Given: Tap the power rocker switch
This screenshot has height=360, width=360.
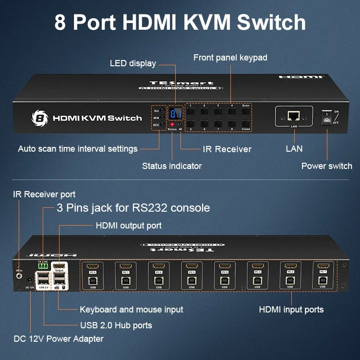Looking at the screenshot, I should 327,117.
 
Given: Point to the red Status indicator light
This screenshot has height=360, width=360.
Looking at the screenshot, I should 172,124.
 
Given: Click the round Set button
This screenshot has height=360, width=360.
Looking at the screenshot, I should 163,110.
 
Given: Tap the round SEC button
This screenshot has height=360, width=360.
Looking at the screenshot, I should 163,124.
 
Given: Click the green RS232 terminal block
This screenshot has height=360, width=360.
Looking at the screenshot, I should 43,266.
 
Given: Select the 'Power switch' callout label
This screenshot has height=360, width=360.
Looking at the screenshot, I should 326,166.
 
